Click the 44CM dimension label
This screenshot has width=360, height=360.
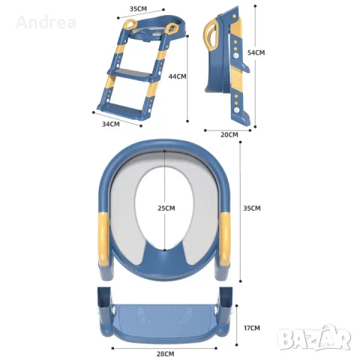pyautogui.click(x=177, y=76)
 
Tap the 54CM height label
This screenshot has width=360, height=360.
pyautogui.click(x=256, y=52)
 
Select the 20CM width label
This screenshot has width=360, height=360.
pyautogui.click(x=229, y=135)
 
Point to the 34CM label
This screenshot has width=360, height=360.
pyautogui.click(x=111, y=124)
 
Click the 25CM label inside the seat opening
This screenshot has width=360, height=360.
pyautogui.click(x=166, y=208)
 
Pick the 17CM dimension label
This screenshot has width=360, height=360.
pyautogui.click(x=252, y=328)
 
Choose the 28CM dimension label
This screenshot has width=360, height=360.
pyautogui.click(x=166, y=354)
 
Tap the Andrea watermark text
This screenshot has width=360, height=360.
pyautogui.click(x=46, y=22)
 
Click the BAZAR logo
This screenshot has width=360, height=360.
pyautogui.click(x=315, y=337)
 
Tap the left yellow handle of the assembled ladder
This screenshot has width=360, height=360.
pyautogui.click(x=130, y=25)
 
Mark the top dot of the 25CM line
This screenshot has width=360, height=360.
pyautogui.click(x=164, y=151)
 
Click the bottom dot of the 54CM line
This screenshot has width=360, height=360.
pyautogui.click(x=255, y=127)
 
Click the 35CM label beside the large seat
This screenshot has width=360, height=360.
pyautogui.click(x=252, y=208)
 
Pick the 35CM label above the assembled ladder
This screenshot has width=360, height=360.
pyautogui.click(x=138, y=9)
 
